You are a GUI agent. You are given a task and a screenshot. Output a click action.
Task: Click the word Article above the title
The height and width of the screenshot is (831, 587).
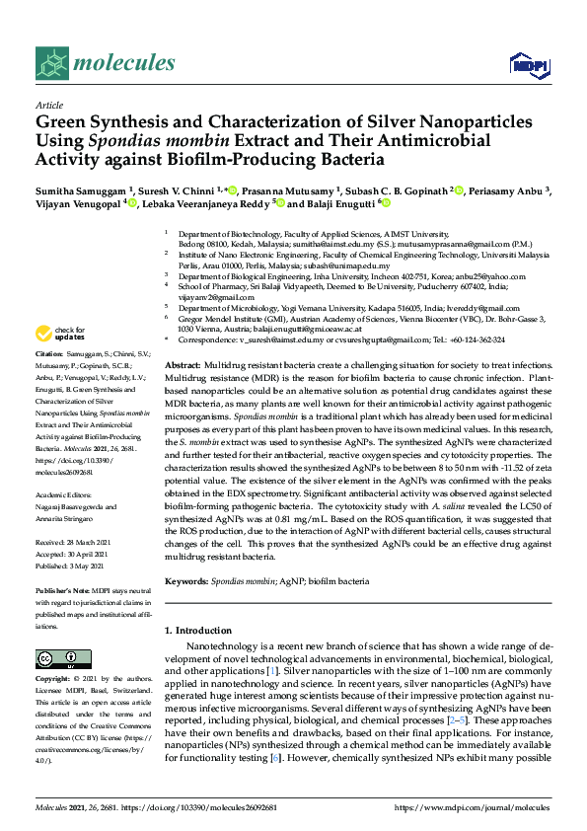[49, 106]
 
